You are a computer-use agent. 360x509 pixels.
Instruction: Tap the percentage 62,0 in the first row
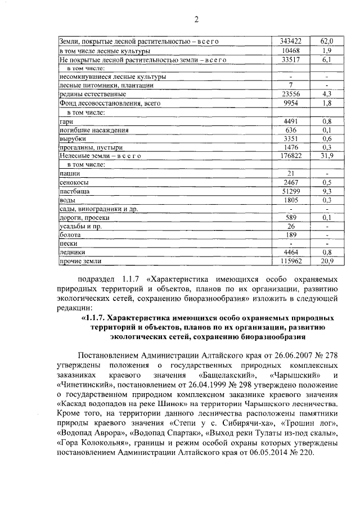click(x=327, y=42)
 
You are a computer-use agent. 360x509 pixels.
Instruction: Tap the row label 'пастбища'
click(x=74, y=191)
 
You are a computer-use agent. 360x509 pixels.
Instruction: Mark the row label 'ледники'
click(x=71, y=252)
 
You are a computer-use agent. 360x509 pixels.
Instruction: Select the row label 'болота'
click(x=70, y=235)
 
